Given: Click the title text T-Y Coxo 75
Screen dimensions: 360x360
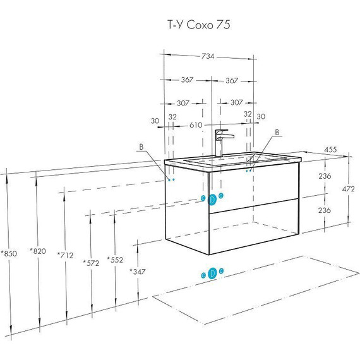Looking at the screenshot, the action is (199, 25).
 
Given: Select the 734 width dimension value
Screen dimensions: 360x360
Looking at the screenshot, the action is (208, 56).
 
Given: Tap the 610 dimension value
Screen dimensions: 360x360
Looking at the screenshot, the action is (196, 125).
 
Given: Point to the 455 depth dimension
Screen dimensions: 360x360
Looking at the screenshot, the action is (330, 150).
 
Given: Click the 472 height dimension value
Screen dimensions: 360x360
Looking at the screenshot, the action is (348, 189).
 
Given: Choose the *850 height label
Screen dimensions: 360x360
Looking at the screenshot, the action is (9, 253).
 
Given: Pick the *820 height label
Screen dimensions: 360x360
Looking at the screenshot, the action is (38, 251).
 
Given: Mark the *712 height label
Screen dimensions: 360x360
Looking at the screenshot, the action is (65, 255).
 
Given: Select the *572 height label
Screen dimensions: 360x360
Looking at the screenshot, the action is (91, 263).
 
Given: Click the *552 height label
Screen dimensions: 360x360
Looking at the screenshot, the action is (115, 260).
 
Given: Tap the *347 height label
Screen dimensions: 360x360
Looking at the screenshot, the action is (137, 272).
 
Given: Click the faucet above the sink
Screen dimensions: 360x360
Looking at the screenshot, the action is (222, 143).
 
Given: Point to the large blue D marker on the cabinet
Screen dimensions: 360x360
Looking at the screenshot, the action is (212, 200).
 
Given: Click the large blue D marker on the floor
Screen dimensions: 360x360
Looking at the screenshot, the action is (212, 273).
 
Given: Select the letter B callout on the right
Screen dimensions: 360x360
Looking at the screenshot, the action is (277, 133).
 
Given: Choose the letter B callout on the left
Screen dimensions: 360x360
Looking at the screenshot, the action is (141, 147).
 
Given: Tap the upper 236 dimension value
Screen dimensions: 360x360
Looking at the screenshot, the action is (325, 176).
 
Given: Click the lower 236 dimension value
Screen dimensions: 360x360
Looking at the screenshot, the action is (325, 210).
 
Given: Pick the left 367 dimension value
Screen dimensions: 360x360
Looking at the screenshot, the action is (187, 80).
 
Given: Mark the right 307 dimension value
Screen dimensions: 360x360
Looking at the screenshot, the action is (236, 102).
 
